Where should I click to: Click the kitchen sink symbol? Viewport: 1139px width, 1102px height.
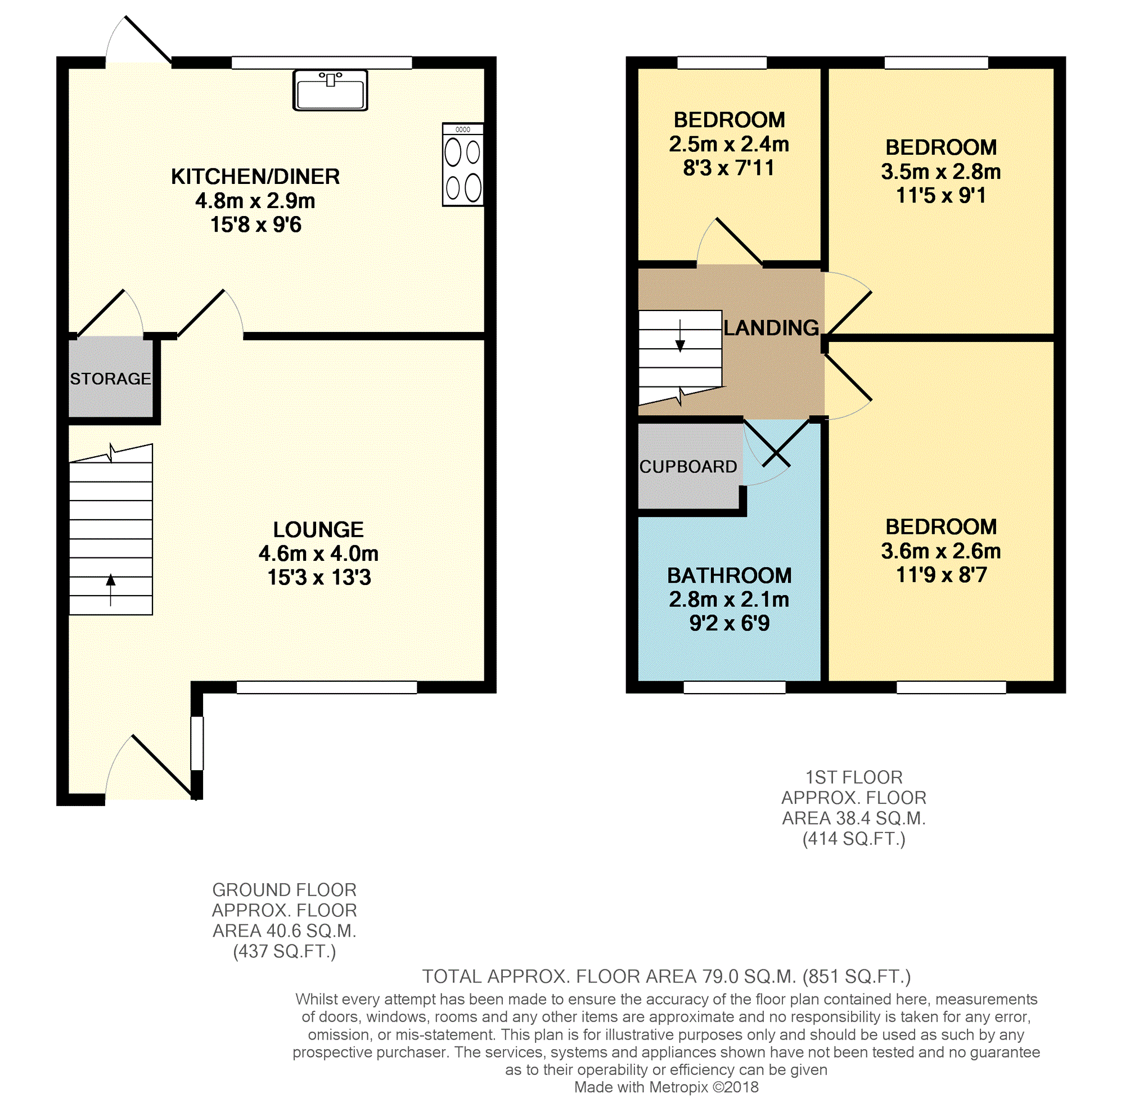point(330,89)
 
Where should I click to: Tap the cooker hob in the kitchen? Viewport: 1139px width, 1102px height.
point(462,164)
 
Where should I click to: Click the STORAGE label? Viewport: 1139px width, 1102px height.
point(110,379)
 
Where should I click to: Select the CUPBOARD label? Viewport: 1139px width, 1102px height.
point(688,467)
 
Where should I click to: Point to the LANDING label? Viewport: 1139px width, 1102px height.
point(771,328)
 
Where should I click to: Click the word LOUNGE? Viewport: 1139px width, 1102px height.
point(318,529)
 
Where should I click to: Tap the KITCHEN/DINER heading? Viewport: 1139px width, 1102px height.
point(255,177)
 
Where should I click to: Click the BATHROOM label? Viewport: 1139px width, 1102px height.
point(730,575)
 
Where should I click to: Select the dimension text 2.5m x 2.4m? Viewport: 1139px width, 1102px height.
point(729,144)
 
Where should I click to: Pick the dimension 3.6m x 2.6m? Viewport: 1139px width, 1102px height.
point(941,551)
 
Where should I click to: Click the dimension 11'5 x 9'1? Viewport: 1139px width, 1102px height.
point(941,195)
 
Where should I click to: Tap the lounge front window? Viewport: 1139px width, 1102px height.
point(327,687)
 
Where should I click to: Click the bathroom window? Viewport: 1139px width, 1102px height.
point(735,687)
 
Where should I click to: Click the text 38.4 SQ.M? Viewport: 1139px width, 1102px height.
point(880,818)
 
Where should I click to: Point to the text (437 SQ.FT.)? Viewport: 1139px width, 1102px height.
point(285,951)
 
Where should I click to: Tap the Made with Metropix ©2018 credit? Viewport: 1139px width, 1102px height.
point(667,1087)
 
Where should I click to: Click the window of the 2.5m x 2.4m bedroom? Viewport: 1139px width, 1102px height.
point(722,63)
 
